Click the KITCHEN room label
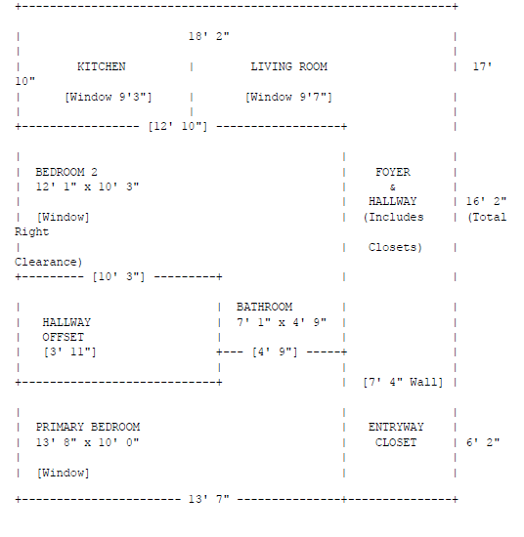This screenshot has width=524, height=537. tap(101, 66)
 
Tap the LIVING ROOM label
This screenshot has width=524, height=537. tap(288, 66)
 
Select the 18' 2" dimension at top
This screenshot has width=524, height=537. tap(209, 36)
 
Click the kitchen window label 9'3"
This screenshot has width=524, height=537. tap(108, 97)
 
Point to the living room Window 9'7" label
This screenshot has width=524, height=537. tap(288, 97)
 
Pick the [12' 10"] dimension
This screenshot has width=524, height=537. tap(178, 126)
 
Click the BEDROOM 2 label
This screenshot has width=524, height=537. tap(66, 172)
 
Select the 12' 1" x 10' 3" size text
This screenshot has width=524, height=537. tap(87, 186)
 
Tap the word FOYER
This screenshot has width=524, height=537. tap(393, 172)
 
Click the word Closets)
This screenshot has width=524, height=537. tap(395, 247)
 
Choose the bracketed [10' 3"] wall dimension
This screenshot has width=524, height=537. tap(118, 276)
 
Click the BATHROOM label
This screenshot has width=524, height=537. tap(264, 307)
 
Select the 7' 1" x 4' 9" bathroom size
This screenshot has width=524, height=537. tap(282, 322)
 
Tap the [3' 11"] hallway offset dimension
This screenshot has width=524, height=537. tap(70, 352)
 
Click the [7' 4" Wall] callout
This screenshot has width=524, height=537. tap(403, 382)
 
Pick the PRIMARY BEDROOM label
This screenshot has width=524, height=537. tap(88, 427)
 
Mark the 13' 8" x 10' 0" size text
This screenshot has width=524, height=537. tap(87, 442)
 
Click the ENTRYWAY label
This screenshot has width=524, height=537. tap(396, 427)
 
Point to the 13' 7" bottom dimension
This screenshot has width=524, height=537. tap(209, 499)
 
